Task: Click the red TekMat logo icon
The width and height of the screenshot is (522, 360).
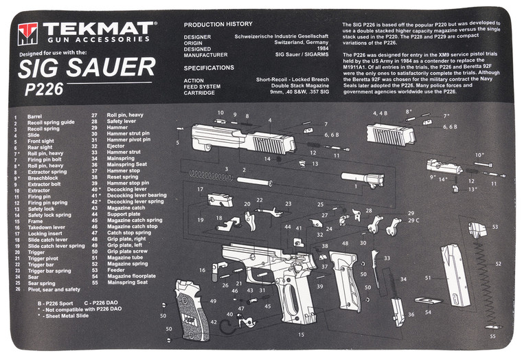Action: tap(28, 32)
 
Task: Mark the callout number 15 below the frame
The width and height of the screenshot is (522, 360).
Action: tap(300, 335)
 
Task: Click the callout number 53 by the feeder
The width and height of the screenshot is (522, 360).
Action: tap(495, 226)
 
